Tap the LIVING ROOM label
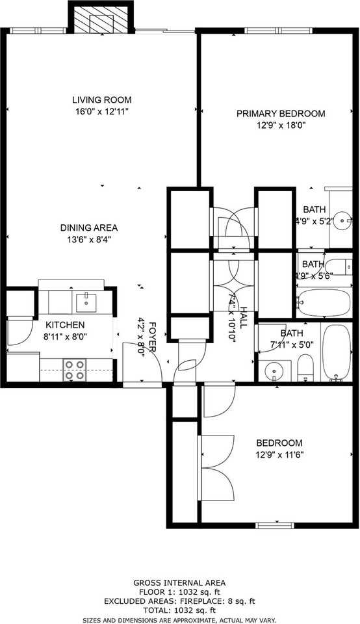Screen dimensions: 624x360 tap(101, 100)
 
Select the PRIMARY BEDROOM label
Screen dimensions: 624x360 tap(280, 114)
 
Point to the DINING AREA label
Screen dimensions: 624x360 tap(88, 227)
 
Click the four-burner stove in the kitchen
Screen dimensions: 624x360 tap(74, 369)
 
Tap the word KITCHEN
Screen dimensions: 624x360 tap(64, 324)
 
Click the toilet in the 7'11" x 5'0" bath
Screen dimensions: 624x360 tap(305, 370)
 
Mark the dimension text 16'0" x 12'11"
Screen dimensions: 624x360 tap(101, 112)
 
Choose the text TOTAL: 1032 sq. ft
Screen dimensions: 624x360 tap(179, 610)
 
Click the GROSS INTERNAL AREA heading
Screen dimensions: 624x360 tap(179, 583)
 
